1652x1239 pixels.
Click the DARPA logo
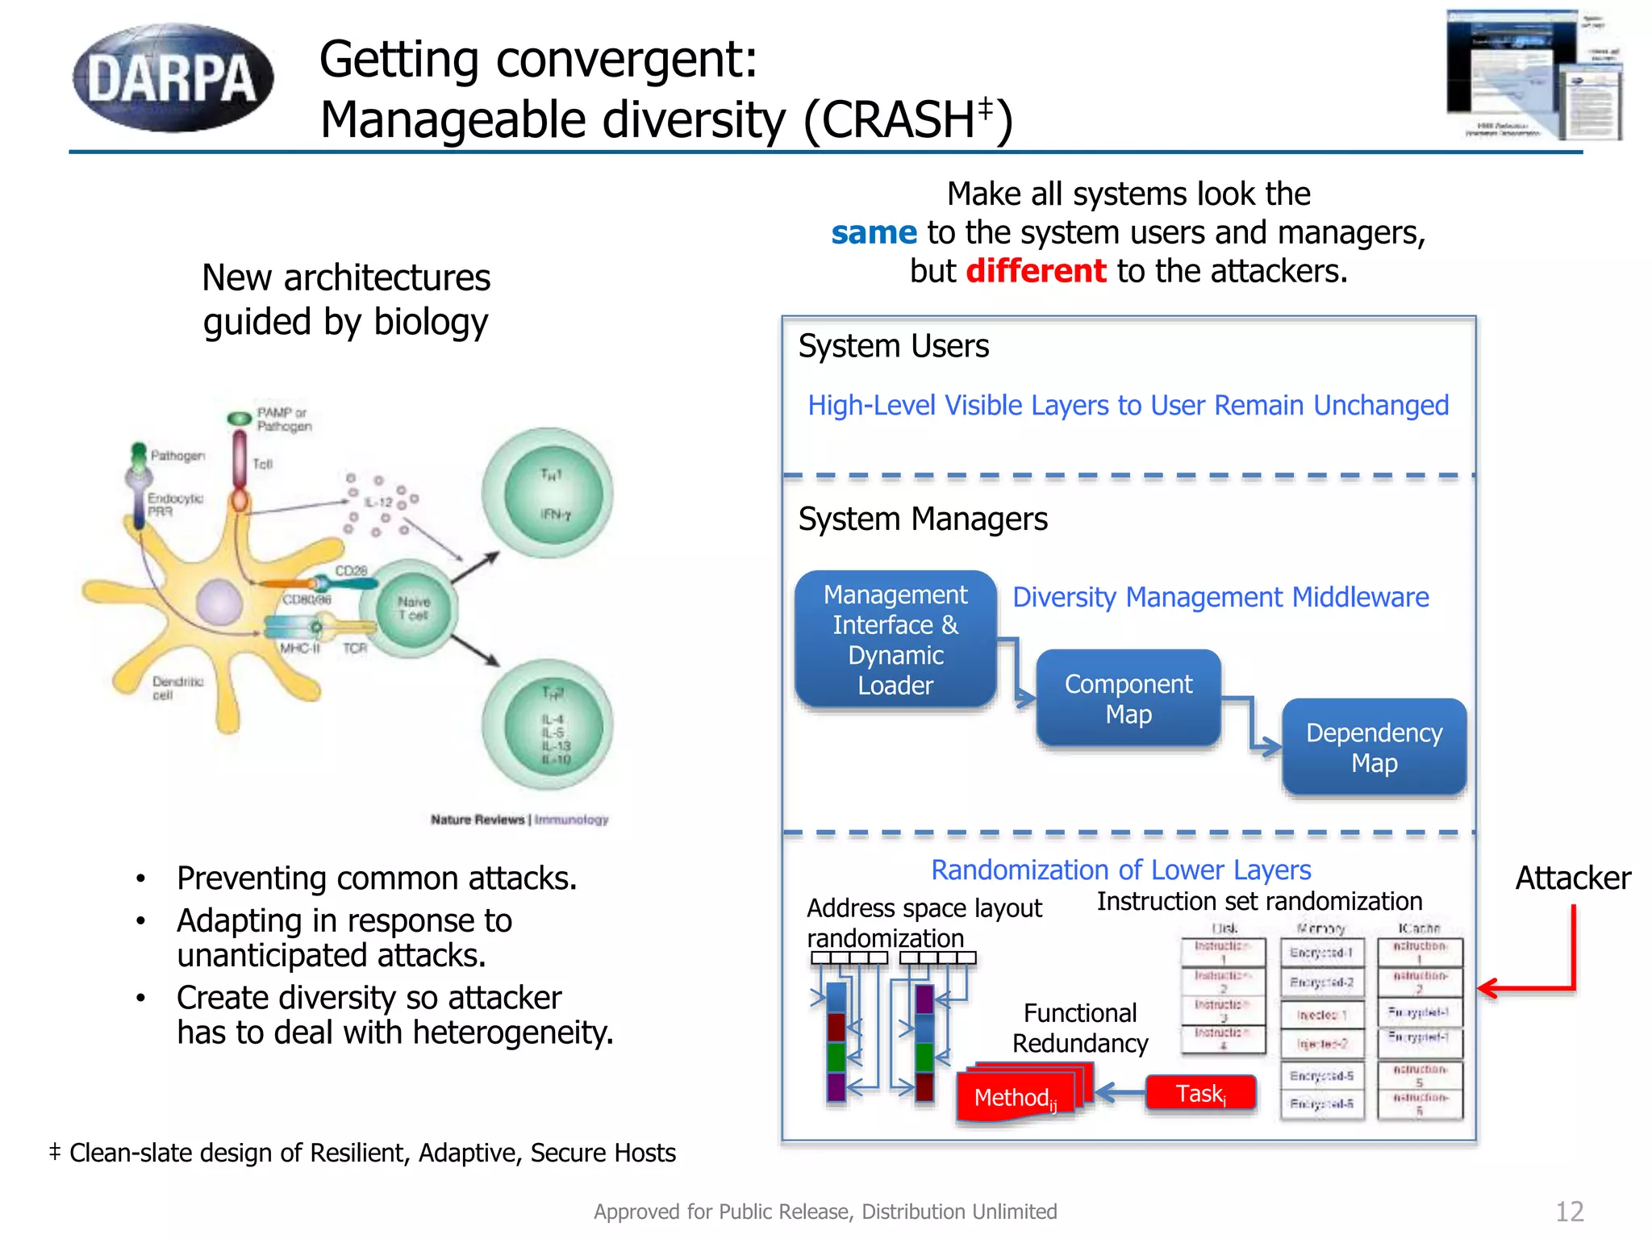(173, 78)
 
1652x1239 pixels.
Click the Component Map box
(1128, 699)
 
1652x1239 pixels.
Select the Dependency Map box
(1374, 747)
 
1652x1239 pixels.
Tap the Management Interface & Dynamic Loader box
(895, 640)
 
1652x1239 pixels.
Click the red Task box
(1200, 1094)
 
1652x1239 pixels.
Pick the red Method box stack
(1020, 1094)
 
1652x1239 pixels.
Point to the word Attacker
(1572, 878)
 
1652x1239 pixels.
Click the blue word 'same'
(874, 233)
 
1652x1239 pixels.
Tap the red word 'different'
(1036, 271)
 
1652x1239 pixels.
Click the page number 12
(1569, 1211)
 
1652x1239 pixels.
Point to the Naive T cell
(412, 609)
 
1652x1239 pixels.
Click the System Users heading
(893, 346)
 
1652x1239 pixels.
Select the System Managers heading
(922, 519)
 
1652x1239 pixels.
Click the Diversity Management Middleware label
(1220, 597)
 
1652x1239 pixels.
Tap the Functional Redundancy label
(1080, 1028)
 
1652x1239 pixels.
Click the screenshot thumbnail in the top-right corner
(1533, 76)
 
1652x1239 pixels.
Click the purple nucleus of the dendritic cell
(219, 602)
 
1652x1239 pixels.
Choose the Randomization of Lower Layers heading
(1120, 870)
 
